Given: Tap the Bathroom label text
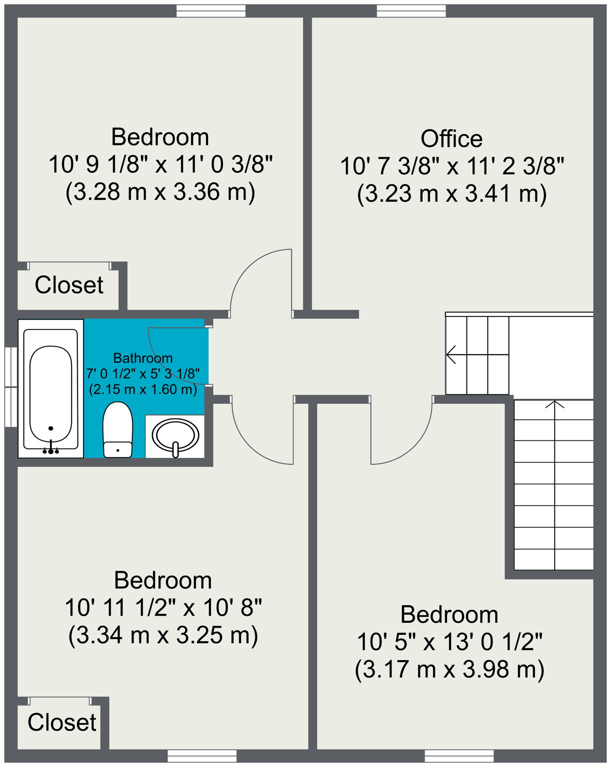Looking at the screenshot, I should pyautogui.click(x=143, y=358).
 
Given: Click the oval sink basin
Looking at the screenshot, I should pyautogui.click(x=175, y=434).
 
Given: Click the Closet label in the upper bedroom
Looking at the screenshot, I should pyautogui.click(x=69, y=285).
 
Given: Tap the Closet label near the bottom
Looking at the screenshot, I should pyautogui.click(x=61, y=723).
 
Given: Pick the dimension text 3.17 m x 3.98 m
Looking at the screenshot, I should pyautogui.click(x=449, y=669).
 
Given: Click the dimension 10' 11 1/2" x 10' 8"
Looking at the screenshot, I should pyautogui.click(x=163, y=608).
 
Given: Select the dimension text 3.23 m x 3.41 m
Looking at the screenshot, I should pyautogui.click(x=451, y=193).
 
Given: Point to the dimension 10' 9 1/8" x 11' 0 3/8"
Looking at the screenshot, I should pyautogui.click(x=160, y=164).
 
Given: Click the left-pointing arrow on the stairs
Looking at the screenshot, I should pyautogui.click(x=451, y=355).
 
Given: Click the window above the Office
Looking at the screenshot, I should pyautogui.click(x=411, y=11).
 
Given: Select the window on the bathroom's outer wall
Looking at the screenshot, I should pyautogui.click(x=10, y=387).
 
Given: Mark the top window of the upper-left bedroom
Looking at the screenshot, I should pyautogui.click(x=211, y=11).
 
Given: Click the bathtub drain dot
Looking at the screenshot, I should pyautogui.click(x=50, y=428).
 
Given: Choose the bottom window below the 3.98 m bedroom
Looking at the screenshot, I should pyautogui.click(x=459, y=756).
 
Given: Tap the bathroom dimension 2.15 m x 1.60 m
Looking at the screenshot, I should pyautogui.click(x=143, y=389).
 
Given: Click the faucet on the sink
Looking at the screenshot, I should pyautogui.click(x=175, y=449).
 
